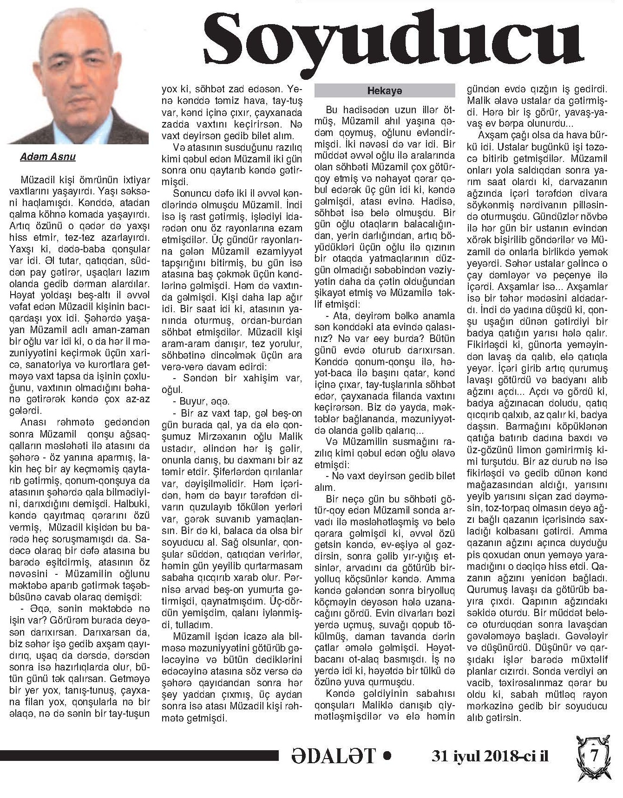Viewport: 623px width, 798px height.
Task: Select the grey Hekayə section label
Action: click(x=384, y=90)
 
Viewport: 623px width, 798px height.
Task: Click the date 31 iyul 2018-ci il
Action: click(x=490, y=756)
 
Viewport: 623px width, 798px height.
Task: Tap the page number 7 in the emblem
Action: click(x=594, y=756)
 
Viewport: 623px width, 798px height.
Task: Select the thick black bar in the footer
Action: click(x=139, y=756)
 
